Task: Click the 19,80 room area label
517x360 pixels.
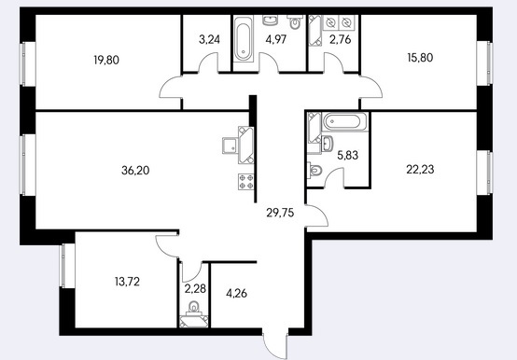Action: [x=106, y=61]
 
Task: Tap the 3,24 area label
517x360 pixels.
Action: [x=209, y=39]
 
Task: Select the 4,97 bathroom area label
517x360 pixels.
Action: [x=276, y=39]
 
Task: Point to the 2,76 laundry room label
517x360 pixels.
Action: [x=341, y=39]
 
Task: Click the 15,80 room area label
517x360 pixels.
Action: [x=420, y=58]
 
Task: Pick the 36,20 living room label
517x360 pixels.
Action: [x=135, y=171]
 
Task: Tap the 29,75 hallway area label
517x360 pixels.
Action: [x=280, y=213]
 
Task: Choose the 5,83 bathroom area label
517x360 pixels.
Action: [x=347, y=155]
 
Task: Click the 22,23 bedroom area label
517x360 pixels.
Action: [x=420, y=170]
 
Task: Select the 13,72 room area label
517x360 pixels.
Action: [x=127, y=282]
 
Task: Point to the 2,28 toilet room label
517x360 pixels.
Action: [x=195, y=289]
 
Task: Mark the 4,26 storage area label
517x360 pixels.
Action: [x=236, y=293]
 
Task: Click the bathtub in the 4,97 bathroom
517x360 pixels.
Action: [x=244, y=39]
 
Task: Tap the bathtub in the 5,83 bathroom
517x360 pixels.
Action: [x=344, y=122]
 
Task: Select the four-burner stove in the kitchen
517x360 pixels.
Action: [x=246, y=182]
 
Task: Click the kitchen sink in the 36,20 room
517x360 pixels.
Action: [x=231, y=145]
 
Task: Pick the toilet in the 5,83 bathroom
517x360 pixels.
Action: [x=314, y=171]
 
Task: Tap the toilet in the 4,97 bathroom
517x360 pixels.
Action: [x=295, y=21]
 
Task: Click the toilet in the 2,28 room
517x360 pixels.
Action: [x=193, y=308]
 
